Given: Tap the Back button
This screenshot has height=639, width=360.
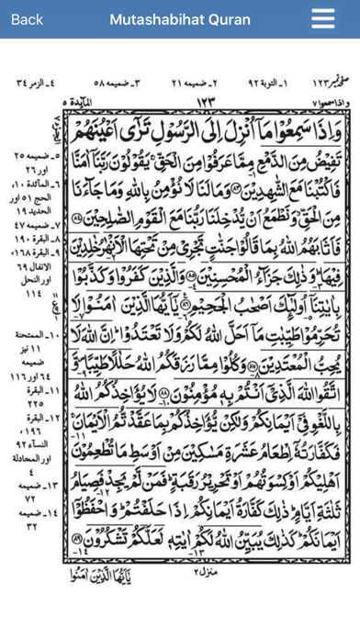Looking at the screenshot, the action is coord(27,19).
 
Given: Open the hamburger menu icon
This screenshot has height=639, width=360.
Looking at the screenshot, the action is coord(323,19).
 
